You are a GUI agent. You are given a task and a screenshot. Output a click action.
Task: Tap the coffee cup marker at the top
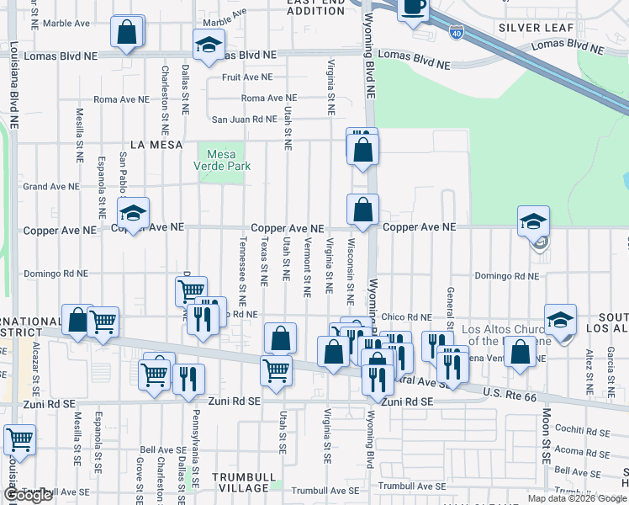[x=412, y=8]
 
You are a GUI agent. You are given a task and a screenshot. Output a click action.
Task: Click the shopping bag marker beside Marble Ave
[x=126, y=34]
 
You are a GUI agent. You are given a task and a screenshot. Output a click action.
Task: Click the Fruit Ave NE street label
[x=247, y=77]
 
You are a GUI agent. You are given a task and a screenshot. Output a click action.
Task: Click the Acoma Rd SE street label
[x=582, y=450]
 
